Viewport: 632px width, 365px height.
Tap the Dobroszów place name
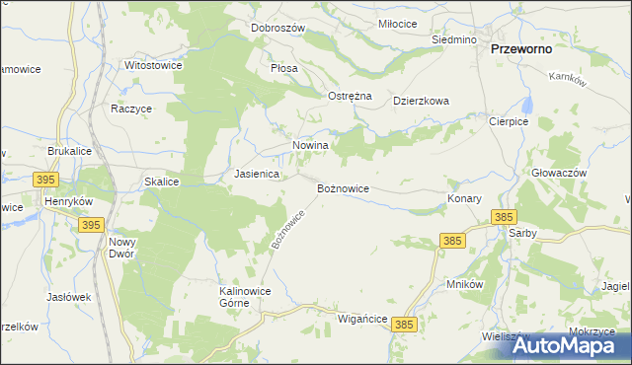277,28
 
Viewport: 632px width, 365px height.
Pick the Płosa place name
284,69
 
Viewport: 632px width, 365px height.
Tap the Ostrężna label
349,96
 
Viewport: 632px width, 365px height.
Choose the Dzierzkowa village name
421,101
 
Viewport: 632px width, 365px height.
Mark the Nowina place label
309,145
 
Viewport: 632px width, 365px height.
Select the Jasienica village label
256,174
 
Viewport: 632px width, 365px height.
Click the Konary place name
464,198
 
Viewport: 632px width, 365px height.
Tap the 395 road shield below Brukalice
44,180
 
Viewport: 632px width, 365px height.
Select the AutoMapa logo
557,345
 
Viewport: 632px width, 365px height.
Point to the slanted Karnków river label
567,81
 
